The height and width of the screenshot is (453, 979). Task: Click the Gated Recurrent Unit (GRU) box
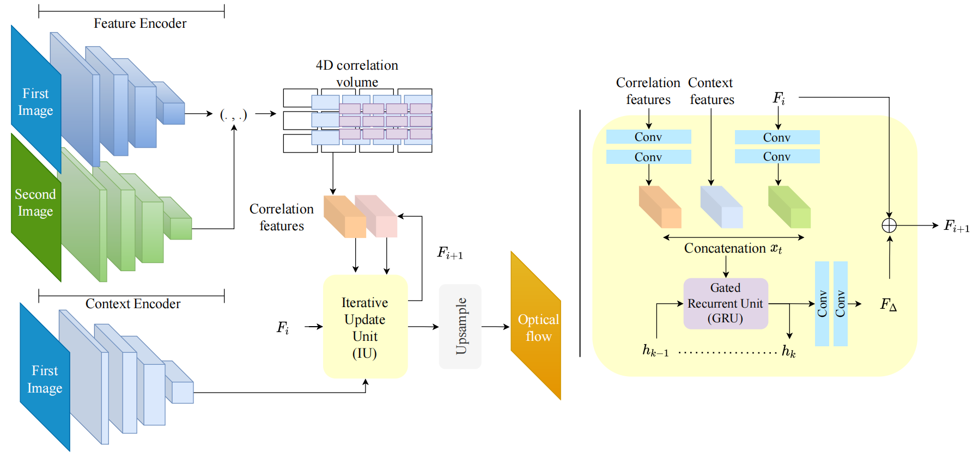[725, 303]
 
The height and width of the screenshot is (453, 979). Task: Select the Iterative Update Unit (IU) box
[365, 327]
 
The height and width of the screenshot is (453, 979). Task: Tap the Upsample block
[460, 326]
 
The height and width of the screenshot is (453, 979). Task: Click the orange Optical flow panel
[537, 327]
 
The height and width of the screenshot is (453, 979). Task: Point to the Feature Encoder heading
[140, 23]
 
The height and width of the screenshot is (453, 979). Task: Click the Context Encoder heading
[133, 304]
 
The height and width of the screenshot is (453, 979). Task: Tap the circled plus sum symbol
[889, 225]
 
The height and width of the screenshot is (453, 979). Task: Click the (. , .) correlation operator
[233, 114]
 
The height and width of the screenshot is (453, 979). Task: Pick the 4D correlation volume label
[357, 74]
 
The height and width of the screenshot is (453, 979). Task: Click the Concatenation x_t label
[733, 248]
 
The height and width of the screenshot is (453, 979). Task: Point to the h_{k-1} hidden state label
[655, 351]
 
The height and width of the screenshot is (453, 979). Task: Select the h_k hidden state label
[788, 351]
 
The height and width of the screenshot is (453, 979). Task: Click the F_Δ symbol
[888, 304]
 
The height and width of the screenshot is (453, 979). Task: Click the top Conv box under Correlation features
[648, 137]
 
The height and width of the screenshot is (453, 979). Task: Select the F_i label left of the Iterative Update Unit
[283, 327]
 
